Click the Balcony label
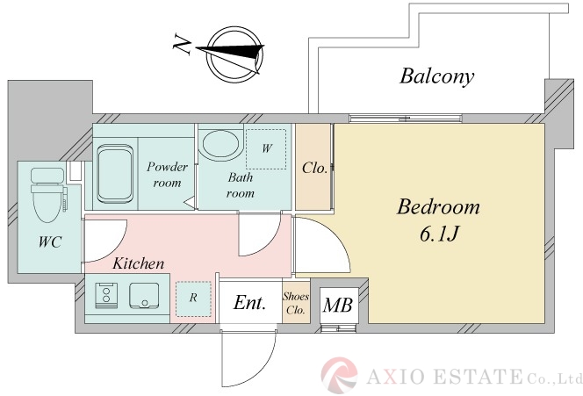pos(437,76)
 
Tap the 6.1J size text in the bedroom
pos(439,234)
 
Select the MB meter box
pos(338,306)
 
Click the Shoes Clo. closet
pos(296,302)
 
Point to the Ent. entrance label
pos(250,303)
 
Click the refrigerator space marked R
pos(193,299)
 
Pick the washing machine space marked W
pos(266,148)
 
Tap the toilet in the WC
pos(48,195)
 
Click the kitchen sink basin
pos(144,296)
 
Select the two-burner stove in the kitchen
pos(106,296)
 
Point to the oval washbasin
pos(219,145)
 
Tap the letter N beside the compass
pos(183,45)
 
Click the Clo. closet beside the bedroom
pos(313,167)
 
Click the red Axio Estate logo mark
pos(339,375)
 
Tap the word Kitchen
pos(139,263)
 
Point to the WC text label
pos(50,242)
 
